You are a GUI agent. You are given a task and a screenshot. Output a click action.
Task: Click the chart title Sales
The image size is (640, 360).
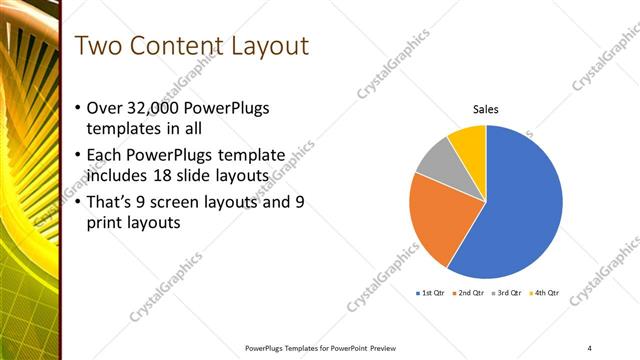tap(485, 110)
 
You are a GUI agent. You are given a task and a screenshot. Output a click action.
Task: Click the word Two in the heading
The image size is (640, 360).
tap(99, 46)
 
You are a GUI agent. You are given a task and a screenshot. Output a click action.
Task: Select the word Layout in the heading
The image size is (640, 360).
tap(269, 46)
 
